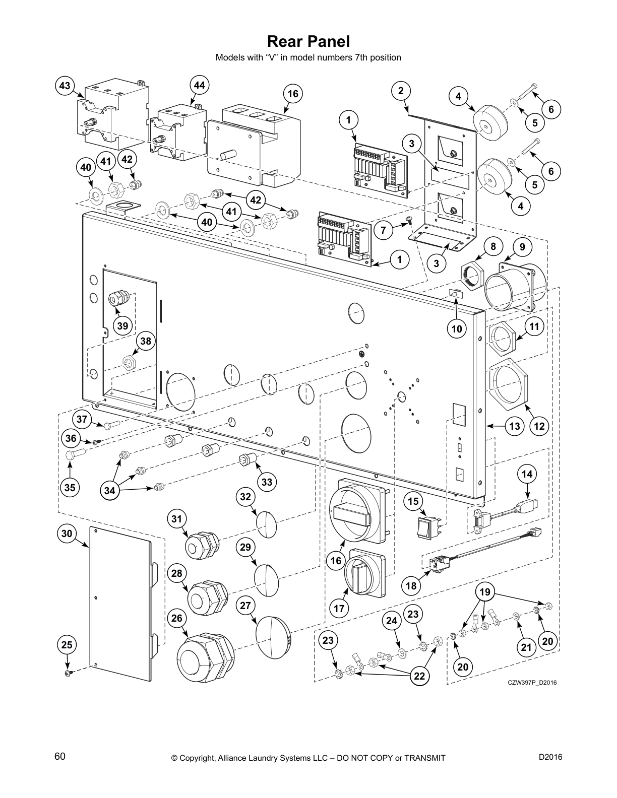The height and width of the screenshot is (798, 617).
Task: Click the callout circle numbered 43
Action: pos(65,86)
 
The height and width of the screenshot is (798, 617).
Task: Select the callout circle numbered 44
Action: pos(200,86)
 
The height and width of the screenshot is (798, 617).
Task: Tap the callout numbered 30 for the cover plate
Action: pos(68,534)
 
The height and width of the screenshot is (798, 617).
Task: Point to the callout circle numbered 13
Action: pos(514,426)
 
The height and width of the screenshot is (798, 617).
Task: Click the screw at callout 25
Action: pos(68,674)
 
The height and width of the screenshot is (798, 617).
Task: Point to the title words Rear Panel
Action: pos(308,41)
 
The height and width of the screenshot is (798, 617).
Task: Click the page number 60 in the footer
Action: pos(60,757)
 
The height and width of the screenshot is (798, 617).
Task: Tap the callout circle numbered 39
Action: pos(123,325)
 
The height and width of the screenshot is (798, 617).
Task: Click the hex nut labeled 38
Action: pos(129,361)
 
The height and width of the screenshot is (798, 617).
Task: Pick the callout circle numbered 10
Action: pos(457,329)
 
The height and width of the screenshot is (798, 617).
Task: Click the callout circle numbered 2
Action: pos(401,91)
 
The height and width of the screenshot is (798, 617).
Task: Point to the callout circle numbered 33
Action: pos(267,482)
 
